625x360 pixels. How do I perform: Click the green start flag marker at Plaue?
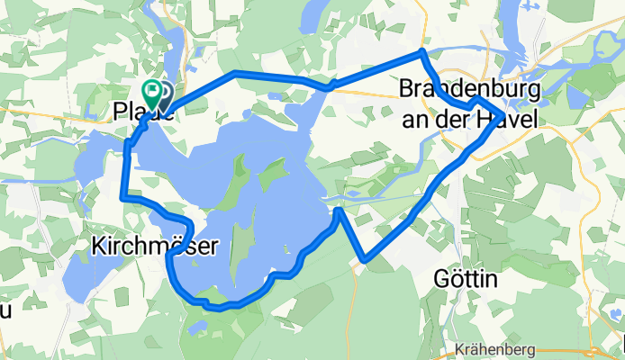tap(152, 90)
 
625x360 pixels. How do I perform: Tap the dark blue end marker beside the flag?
tap(164, 93)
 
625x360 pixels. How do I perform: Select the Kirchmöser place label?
tap(155, 245)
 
